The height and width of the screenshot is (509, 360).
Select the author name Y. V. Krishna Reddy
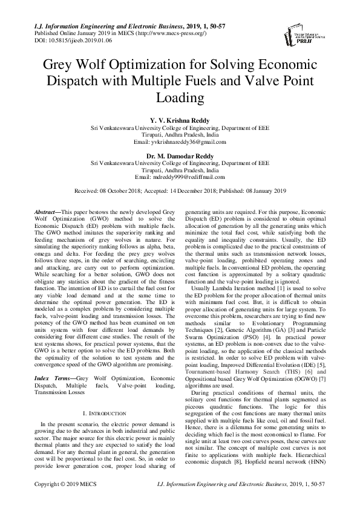[180, 120]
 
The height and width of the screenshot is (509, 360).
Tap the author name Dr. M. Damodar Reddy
[180, 155]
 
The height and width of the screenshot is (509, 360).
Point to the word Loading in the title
[180, 97]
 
